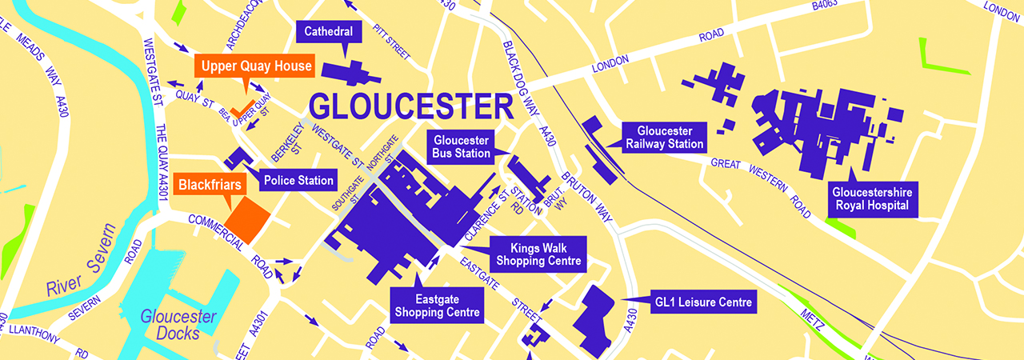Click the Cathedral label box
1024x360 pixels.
330,32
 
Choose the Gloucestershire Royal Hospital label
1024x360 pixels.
873,198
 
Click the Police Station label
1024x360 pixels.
298,180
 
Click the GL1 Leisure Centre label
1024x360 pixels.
703,302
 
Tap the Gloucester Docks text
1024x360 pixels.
178,324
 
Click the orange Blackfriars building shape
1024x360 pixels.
247,219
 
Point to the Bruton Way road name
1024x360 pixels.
591,193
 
